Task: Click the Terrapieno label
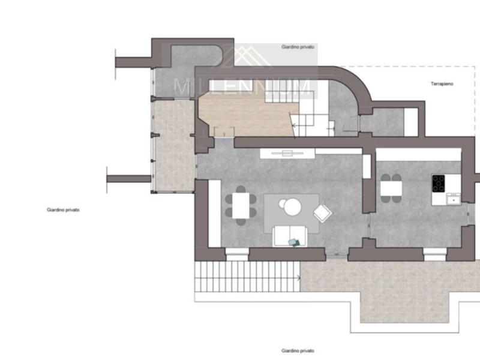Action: (441, 84)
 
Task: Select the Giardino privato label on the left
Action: (63, 210)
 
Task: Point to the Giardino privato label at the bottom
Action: (298, 350)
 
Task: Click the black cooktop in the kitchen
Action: (439, 183)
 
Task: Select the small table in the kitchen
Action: (391, 188)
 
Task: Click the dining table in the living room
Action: (241, 206)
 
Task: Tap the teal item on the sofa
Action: (293, 242)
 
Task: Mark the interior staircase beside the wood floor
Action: (311, 117)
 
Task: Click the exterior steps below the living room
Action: (246, 277)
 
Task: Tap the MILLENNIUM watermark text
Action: (242, 88)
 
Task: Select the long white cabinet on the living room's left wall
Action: (214, 212)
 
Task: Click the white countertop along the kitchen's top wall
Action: (418, 154)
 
